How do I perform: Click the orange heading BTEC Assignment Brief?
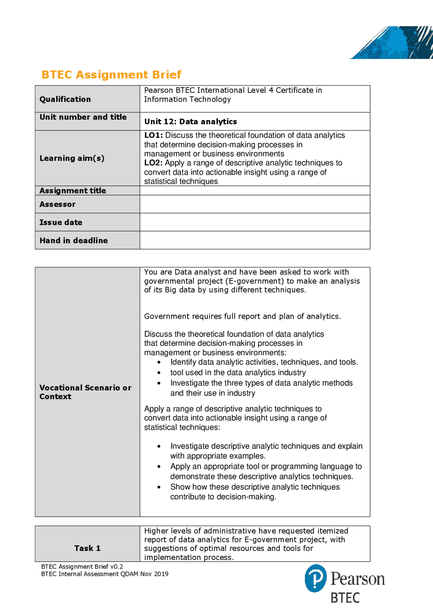click(111, 75)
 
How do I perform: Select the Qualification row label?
click(65, 99)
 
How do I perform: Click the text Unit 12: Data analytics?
click(190, 122)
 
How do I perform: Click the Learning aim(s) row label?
click(72, 158)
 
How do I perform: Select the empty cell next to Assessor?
click(254, 204)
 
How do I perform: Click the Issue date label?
click(61, 222)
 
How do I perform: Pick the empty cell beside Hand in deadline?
click(254, 240)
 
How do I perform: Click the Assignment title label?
click(73, 191)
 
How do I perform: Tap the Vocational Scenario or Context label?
click(85, 392)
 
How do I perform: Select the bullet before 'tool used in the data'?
click(159, 373)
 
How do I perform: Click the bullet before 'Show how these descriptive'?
click(159, 487)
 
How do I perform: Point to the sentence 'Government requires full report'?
click(242, 316)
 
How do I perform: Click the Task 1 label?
click(87, 548)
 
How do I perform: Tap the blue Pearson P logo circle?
click(316, 578)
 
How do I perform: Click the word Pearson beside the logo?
click(358, 579)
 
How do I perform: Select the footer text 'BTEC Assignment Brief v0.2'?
click(82, 567)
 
